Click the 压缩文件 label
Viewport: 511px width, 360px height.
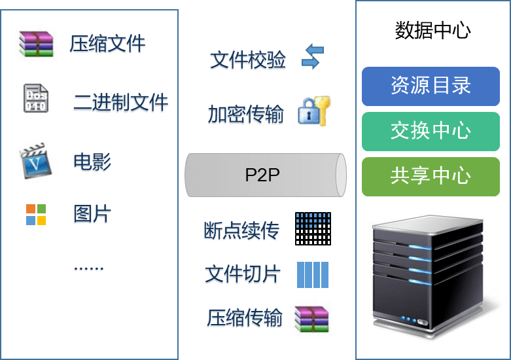(x=107, y=44)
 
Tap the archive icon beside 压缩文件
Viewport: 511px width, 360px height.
(x=36, y=44)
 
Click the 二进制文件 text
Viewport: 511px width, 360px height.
(x=120, y=102)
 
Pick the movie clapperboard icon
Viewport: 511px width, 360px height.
(x=36, y=160)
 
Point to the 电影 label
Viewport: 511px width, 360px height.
(x=92, y=162)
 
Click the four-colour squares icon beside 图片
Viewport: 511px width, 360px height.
(x=36, y=214)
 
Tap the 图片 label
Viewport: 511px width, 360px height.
(x=92, y=214)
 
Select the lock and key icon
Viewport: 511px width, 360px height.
(x=314, y=111)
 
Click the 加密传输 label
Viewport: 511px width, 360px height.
(x=246, y=115)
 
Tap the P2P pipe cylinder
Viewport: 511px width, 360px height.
(x=265, y=175)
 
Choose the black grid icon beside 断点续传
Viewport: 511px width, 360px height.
(x=313, y=228)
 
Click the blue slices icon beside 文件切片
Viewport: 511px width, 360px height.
(x=313, y=275)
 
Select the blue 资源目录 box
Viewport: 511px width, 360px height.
(x=431, y=86)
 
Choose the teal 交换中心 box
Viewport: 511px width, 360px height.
(x=431, y=131)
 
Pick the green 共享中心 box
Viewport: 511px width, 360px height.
(x=431, y=175)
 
